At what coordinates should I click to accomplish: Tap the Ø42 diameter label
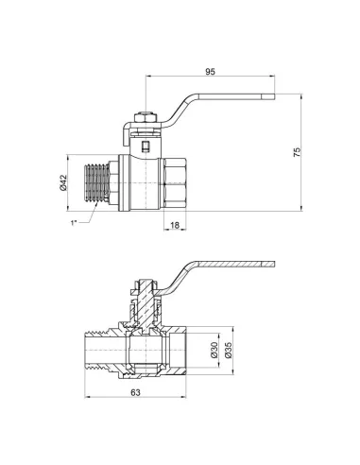click(62, 183)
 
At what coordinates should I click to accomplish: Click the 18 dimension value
click(175, 226)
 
